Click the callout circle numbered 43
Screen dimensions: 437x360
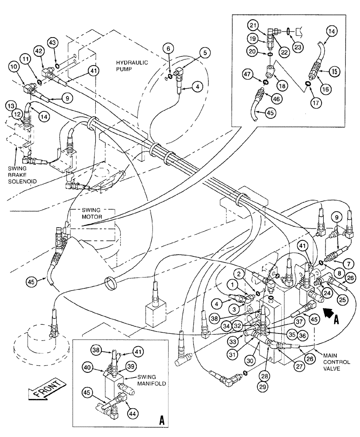52,42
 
